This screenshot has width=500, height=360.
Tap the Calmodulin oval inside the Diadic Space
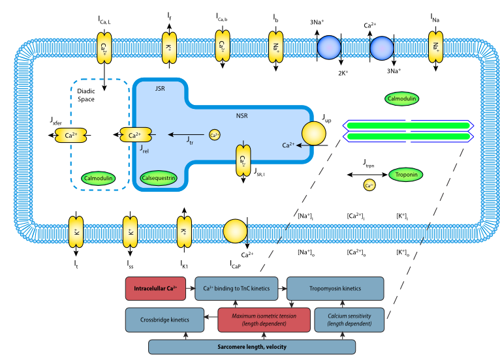(x=99, y=177)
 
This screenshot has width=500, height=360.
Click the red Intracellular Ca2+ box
(x=157, y=287)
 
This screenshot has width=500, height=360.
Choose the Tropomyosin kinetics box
(x=336, y=287)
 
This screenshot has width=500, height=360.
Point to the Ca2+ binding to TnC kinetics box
(x=238, y=287)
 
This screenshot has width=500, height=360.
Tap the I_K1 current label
(x=185, y=264)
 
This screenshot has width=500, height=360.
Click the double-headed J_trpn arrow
(x=366, y=175)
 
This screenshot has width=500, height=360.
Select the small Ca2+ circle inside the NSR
(x=215, y=135)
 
